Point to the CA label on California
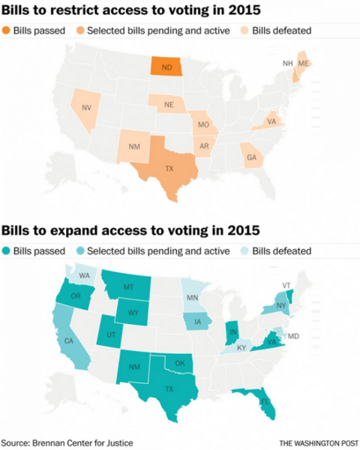(69, 341)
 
